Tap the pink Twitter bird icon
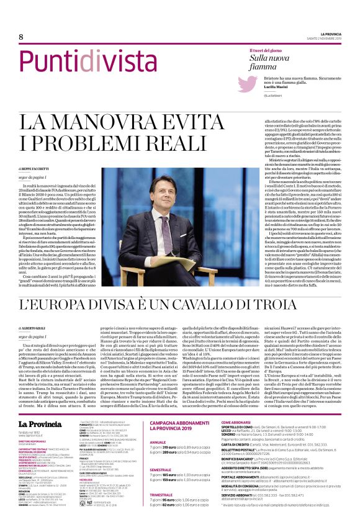[248, 84]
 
